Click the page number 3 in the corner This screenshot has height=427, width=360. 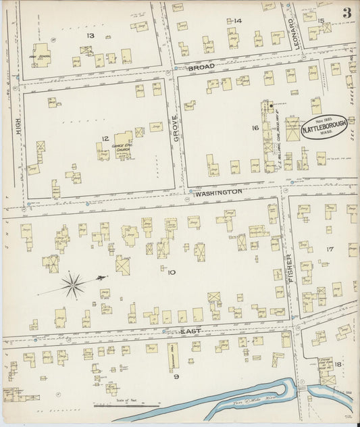pyautogui.click(x=346, y=13)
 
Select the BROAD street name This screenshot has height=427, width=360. pyautogui.click(x=201, y=68)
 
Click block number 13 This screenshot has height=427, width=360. pyautogui.click(x=90, y=34)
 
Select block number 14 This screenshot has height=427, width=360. pyautogui.click(x=237, y=21)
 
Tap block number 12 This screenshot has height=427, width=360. pyautogui.click(x=105, y=139)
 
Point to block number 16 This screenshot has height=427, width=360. pyautogui.click(x=255, y=127)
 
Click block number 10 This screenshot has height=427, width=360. pyautogui.click(x=172, y=272)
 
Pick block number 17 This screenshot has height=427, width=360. pyautogui.click(x=330, y=249)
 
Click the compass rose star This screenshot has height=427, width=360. pyautogui.click(x=72, y=285)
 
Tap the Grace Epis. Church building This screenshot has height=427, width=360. pyautogui.click(x=123, y=142)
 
